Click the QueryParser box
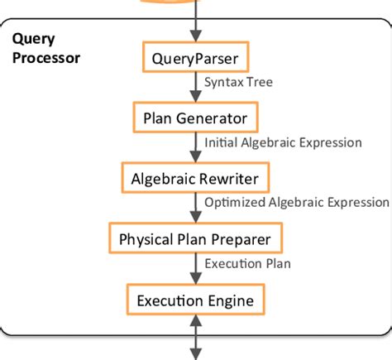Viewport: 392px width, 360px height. (196, 59)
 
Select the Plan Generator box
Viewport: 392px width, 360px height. (196, 118)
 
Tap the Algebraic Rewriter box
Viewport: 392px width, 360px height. (196, 177)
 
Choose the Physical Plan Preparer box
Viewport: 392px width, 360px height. (196, 239)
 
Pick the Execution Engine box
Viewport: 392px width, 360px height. (196, 299)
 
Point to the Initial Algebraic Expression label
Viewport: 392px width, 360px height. (283, 142)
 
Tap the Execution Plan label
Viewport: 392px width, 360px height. (247, 264)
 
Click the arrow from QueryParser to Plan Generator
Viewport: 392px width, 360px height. (196, 88)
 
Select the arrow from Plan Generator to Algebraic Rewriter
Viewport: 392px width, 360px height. (196, 147)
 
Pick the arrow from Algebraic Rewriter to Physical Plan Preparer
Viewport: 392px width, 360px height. (196, 208)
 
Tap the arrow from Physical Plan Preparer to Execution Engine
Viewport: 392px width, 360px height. (196, 269)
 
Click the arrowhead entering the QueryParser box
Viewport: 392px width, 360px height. (196, 36)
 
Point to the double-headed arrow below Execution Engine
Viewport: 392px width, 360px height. (196, 335)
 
